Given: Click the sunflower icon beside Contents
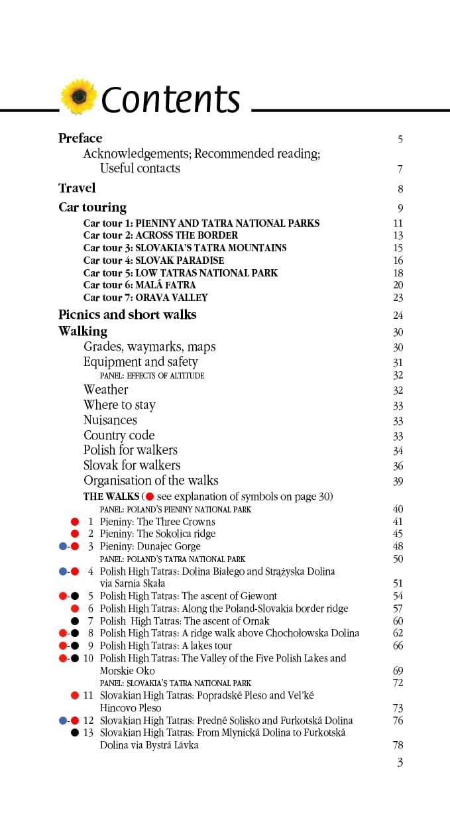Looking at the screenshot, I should click(x=79, y=97).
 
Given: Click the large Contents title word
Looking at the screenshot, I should click(x=171, y=99).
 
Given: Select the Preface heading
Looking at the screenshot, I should click(x=80, y=138).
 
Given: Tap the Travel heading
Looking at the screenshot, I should click(x=77, y=188).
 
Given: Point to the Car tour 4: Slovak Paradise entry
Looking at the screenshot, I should click(x=154, y=261).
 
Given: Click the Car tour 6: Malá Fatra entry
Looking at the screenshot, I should click(x=140, y=285).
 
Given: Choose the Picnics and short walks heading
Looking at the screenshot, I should click(x=127, y=314).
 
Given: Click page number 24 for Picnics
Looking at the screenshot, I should click(x=398, y=316).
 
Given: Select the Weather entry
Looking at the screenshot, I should click(x=106, y=390).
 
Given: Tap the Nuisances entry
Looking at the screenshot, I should click(x=110, y=420).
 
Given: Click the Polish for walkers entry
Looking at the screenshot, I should click(x=131, y=450).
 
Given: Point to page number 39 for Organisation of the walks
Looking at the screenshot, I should click(x=398, y=481).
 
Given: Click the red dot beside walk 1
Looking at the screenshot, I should click(x=75, y=522).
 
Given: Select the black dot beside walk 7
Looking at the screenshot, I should click(x=75, y=621).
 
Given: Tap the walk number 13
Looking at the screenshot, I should click(x=89, y=733).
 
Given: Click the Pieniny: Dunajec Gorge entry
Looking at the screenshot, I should click(x=150, y=546).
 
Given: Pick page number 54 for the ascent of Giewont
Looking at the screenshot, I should click(x=398, y=596).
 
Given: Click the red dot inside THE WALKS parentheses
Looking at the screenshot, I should click(x=150, y=497).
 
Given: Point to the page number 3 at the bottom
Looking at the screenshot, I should click(x=400, y=762).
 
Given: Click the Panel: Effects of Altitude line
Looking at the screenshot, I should click(x=152, y=375).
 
